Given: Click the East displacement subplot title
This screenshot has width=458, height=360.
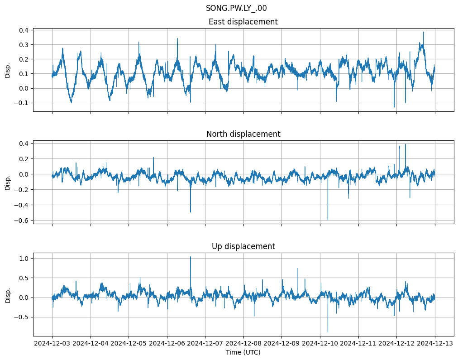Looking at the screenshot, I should pos(243,22).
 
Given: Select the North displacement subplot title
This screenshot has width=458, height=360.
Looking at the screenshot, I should pos(243,134).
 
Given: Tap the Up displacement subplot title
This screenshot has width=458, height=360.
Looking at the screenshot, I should pos(243,246).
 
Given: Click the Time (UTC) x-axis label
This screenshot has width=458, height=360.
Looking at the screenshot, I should pos(243,352).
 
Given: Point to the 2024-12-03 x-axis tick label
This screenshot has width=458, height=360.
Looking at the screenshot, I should pos(52,343).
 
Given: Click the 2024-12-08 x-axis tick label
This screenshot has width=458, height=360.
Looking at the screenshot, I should pos(243,343).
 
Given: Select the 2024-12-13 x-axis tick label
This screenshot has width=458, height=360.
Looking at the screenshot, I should pos(435,343).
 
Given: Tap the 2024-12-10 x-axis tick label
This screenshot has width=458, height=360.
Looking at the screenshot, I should pos(320,343).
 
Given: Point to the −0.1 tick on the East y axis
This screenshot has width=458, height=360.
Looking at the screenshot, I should pos(21,103).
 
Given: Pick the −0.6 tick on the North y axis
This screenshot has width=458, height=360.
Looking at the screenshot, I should pos(21,221).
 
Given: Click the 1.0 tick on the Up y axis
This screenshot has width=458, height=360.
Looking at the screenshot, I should pos(23,259).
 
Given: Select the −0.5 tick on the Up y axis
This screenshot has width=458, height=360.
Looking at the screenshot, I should pos(21,317).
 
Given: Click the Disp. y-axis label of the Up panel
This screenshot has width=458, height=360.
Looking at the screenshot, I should pos(8,294).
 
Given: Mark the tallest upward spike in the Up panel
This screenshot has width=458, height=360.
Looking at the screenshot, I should pos(191,257).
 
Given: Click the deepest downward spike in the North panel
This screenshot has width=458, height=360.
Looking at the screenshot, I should pos(328,220).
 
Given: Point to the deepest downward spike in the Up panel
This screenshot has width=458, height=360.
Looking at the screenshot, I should pos(328,332).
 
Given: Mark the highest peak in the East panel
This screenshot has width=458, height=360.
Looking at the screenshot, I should pos(424,32).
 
